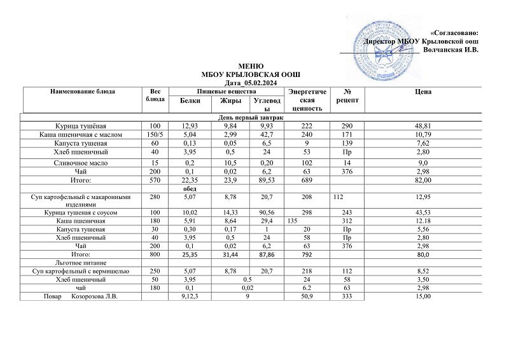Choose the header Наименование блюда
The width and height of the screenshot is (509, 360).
tap(83, 92)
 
